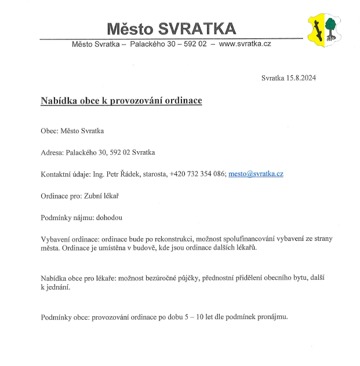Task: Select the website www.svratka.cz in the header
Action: click(x=245, y=44)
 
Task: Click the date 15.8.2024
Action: click(x=300, y=78)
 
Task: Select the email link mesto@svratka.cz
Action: click(x=256, y=174)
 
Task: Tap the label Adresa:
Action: click(x=52, y=152)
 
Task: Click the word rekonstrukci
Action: click(x=173, y=239)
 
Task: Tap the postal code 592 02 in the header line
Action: click(x=195, y=44)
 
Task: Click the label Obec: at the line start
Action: click(x=50, y=131)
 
